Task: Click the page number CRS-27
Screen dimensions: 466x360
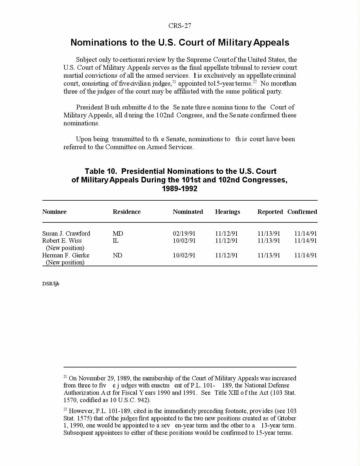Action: click(180, 26)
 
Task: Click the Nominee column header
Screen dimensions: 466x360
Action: click(54, 212)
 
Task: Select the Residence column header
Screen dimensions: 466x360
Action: click(126, 212)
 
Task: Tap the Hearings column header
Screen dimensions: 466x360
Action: click(227, 212)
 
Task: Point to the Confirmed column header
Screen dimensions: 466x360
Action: click(302, 212)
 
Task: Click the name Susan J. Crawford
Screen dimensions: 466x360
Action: click(66, 234)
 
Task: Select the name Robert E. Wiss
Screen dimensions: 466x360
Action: click(62, 241)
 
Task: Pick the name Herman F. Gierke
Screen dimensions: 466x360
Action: click(66, 255)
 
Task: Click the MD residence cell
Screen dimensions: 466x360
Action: click(118, 234)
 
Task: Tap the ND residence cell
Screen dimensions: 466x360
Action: click(117, 255)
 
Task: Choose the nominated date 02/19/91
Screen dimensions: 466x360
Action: click(184, 234)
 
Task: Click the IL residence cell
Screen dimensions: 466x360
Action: click(116, 241)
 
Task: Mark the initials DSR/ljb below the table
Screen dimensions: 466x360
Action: click(51, 284)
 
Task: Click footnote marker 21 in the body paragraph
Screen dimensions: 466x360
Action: click(174, 82)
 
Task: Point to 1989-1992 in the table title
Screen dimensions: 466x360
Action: click(179, 189)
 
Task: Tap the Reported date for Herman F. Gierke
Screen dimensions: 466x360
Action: click(269, 255)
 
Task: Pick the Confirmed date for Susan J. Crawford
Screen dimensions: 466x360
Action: click(306, 234)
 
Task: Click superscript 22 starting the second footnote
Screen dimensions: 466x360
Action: click(65, 409)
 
